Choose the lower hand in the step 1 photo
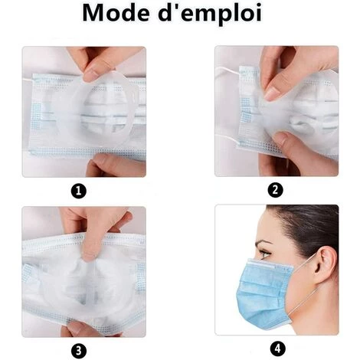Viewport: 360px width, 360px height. pos(107,165)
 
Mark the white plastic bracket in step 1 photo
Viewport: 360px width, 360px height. pos(107,107)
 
